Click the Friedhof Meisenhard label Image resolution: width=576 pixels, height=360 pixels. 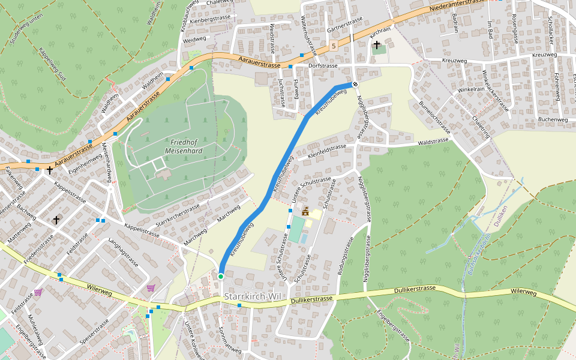pyautogui.click(x=186, y=146)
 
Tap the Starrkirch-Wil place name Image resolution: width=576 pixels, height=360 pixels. pyautogui.click(x=252, y=297)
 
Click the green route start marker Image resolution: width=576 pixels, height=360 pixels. pyautogui.click(x=221, y=276)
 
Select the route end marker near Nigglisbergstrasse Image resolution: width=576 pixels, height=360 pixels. pyautogui.click(x=355, y=85)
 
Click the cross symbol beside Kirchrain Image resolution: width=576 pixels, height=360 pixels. pyautogui.click(x=377, y=45)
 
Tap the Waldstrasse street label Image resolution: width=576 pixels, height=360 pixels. pyautogui.click(x=433, y=141)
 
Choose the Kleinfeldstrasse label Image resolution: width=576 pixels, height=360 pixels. pyautogui.click(x=327, y=150)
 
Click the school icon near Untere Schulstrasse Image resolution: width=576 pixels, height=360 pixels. pyautogui.click(x=306, y=211)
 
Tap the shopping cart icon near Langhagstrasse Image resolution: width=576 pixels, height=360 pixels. pyautogui.click(x=150, y=288)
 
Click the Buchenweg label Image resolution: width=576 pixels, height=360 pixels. pyautogui.click(x=553, y=119)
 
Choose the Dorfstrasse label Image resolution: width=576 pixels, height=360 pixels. pyautogui.click(x=323, y=65)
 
